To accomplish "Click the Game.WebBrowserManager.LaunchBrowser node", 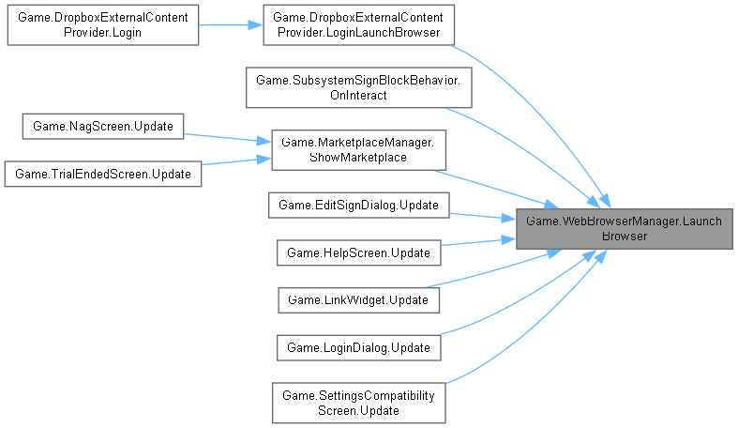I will (625, 229).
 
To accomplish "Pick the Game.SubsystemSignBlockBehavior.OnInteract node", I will (358, 88).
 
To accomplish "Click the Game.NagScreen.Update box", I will (103, 124).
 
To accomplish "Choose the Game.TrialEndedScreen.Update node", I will (103, 174).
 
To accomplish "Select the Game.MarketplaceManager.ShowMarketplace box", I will (358, 149).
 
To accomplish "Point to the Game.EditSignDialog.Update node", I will (358, 204).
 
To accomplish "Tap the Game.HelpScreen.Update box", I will (358, 252).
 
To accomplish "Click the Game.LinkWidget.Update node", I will (358, 300).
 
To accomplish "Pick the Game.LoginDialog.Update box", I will (358, 347).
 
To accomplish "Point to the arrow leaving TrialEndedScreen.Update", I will (234, 161).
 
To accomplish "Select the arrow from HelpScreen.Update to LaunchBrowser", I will (478, 242).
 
